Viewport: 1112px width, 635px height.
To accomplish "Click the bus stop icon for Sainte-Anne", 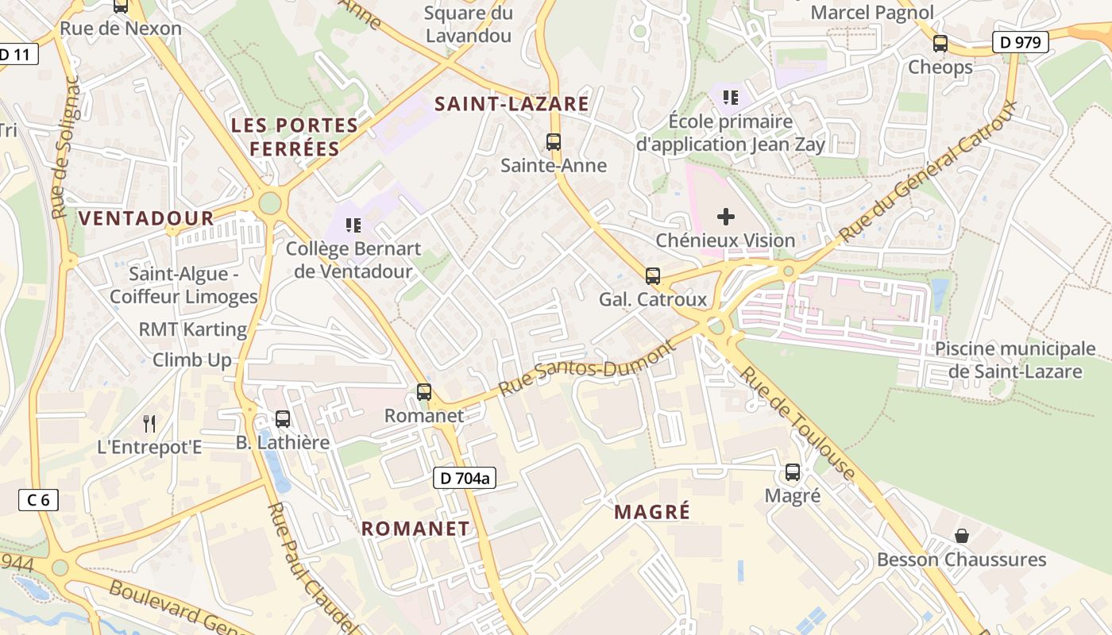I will [x=554, y=142].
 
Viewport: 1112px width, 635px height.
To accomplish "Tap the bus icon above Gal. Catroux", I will [x=653, y=276].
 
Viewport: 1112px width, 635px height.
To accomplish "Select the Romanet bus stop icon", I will [x=424, y=392].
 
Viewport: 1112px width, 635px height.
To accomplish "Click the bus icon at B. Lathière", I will [x=283, y=419].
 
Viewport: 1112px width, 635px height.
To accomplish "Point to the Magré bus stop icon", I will [x=793, y=472].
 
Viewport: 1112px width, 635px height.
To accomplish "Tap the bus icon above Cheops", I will [x=940, y=44].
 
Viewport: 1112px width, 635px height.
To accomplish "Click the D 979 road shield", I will [x=1021, y=42].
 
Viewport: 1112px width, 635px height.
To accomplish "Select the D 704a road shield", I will [x=465, y=478].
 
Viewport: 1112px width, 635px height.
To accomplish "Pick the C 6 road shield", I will [x=38, y=499].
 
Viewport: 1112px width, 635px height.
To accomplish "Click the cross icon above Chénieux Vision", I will [x=726, y=217].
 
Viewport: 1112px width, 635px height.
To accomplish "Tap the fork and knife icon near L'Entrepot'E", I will [x=149, y=423].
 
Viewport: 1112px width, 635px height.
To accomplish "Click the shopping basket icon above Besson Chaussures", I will [x=962, y=536].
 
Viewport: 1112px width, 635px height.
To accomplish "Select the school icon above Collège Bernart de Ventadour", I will [x=353, y=225].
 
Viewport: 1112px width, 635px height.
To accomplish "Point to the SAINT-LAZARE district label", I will [x=512, y=104].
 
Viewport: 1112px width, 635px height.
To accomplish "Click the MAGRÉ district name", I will [x=652, y=512].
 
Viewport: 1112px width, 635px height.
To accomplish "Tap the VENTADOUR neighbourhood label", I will [x=146, y=218].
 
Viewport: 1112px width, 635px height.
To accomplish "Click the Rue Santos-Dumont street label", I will [x=587, y=369].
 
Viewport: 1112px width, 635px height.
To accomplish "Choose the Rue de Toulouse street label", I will [x=797, y=425].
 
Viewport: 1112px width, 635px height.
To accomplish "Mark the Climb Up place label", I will [x=192, y=360].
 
